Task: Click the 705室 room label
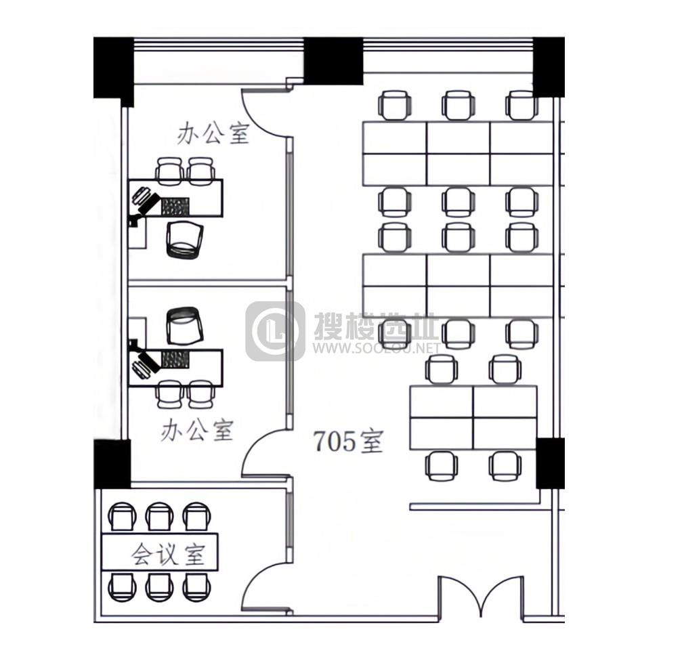(348, 442)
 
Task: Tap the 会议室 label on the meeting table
(168, 553)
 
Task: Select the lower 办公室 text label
(197, 431)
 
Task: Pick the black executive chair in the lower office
(185, 325)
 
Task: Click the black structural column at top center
(333, 61)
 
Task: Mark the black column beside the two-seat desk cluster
(550, 463)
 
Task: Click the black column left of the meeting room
(112, 464)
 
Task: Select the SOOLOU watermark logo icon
(275, 331)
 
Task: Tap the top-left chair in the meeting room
(122, 517)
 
